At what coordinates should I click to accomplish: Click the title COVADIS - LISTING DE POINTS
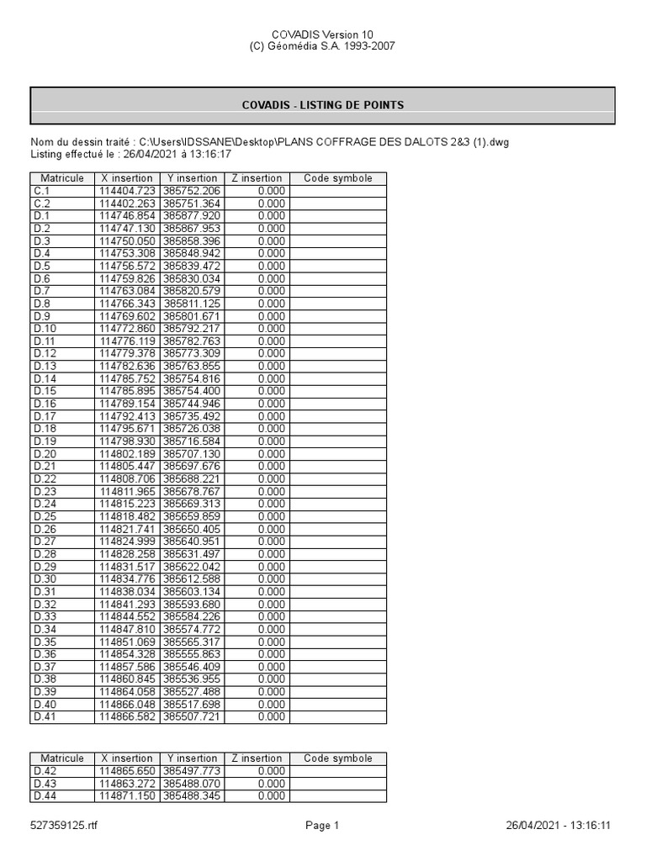[x=323, y=105]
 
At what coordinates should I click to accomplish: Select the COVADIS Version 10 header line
[x=323, y=34]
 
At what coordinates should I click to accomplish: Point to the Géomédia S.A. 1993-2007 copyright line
[x=323, y=46]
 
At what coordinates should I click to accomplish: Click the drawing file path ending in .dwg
[x=324, y=142]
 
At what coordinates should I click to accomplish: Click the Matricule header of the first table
[x=61, y=178]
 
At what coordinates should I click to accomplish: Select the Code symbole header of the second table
[x=337, y=758]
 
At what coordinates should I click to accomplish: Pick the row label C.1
[x=42, y=191]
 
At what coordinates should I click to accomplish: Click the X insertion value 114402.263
[x=127, y=203]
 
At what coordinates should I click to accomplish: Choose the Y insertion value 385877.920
[x=192, y=216]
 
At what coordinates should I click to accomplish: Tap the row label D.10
[x=45, y=329]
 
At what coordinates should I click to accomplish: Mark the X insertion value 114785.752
[x=127, y=378]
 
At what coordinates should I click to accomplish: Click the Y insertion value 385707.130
[x=192, y=454]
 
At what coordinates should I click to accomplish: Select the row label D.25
[x=45, y=516]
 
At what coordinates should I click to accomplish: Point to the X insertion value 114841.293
[x=127, y=605]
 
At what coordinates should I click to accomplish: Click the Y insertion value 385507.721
[x=192, y=717]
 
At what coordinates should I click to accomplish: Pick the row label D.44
[x=45, y=796]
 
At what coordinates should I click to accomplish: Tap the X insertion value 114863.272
[x=127, y=784]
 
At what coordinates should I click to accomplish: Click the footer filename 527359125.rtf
[x=64, y=826]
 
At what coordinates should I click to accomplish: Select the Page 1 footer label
[x=322, y=826]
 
